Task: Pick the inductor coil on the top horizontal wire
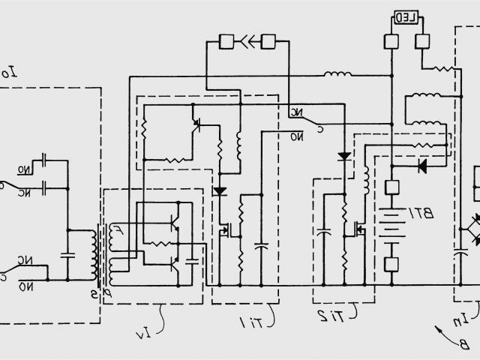click(337, 74)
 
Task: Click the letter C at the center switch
click(321, 128)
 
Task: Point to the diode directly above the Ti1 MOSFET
click(220, 191)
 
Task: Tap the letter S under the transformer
click(94, 273)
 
